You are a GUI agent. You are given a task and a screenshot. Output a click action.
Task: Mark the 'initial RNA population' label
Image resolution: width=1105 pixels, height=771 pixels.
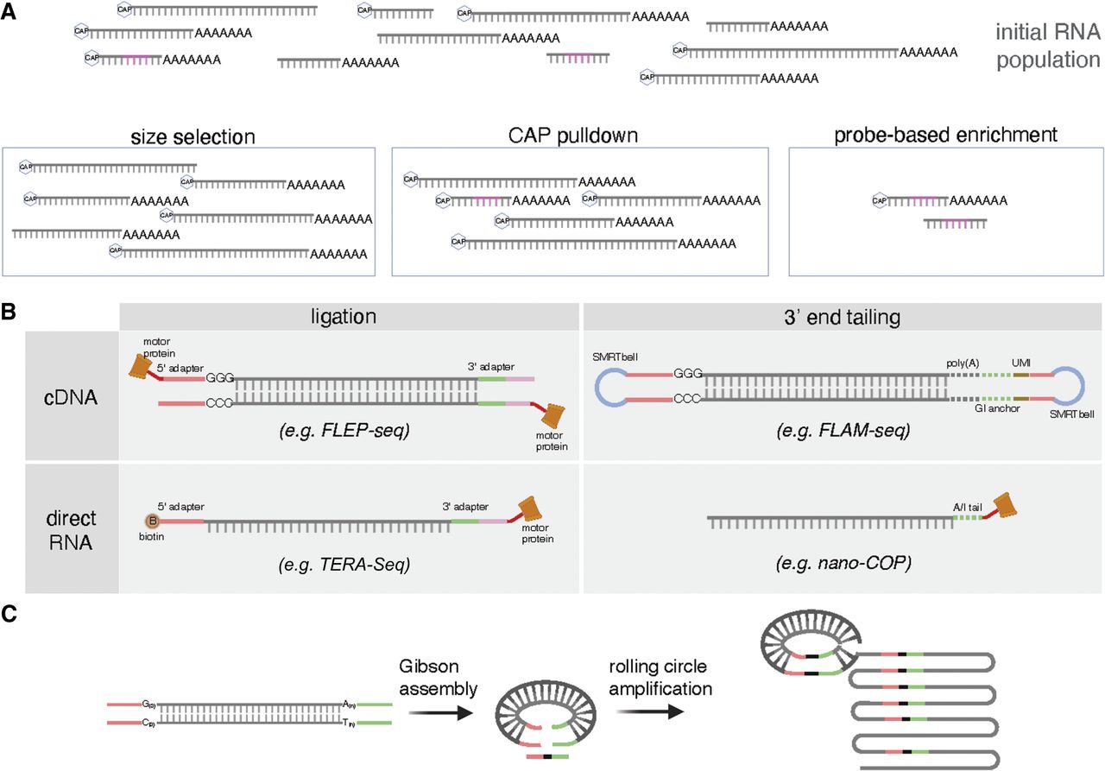(1047, 47)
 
